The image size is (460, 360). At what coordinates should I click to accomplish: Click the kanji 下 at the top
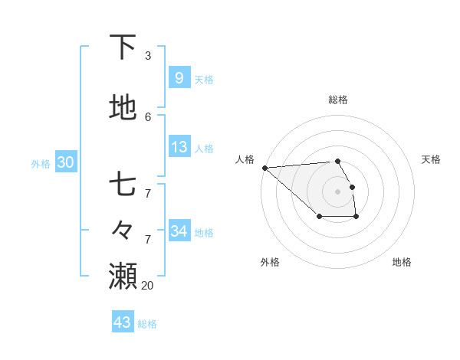pyautogui.click(x=123, y=47)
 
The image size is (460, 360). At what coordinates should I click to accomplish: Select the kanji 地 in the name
pyautogui.click(x=123, y=108)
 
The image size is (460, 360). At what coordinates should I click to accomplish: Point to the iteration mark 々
pyautogui.click(x=123, y=228)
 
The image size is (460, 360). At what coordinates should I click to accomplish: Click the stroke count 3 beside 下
pyautogui.click(x=148, y=56)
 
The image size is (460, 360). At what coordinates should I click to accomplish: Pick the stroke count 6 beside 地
pyautogui.click(x=148, y=117)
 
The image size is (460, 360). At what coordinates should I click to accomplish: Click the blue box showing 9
pyautogui.click(x=179, y=77)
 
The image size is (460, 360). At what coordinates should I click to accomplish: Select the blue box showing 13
pyautogui.click(x=179, y=147)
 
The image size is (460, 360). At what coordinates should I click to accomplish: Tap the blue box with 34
pyautogui.click(x=179, y=231)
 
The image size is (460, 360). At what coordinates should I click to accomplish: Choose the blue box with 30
pyautogui.click(x=65, y=162)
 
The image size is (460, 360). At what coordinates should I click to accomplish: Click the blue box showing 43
pyautogui.click(x=122, y=322)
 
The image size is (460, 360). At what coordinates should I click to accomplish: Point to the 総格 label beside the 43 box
pyautogui.click(x=147, y=324)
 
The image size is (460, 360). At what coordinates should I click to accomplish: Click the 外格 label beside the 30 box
pyautogui.click(x=41, y=164)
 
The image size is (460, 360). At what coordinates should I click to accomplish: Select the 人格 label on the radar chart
pyautogui.click(x=245, y=159)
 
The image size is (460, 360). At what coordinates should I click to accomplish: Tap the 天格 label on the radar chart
pyautogui.click(x=431, y=159)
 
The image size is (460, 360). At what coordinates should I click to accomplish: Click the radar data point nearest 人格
pyautogui.click(x=264, y=168)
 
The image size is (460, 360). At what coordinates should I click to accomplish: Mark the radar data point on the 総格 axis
pyautogui.click(x=337, y=161)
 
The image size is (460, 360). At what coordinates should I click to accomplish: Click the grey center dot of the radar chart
pyautogui.click(x=337, y=191)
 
